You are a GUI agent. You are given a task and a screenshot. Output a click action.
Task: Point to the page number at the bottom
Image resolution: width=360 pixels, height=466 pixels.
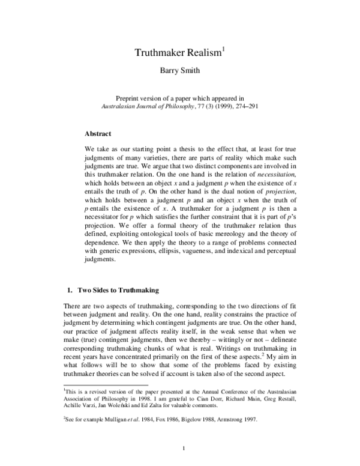[x=180, y=447]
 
